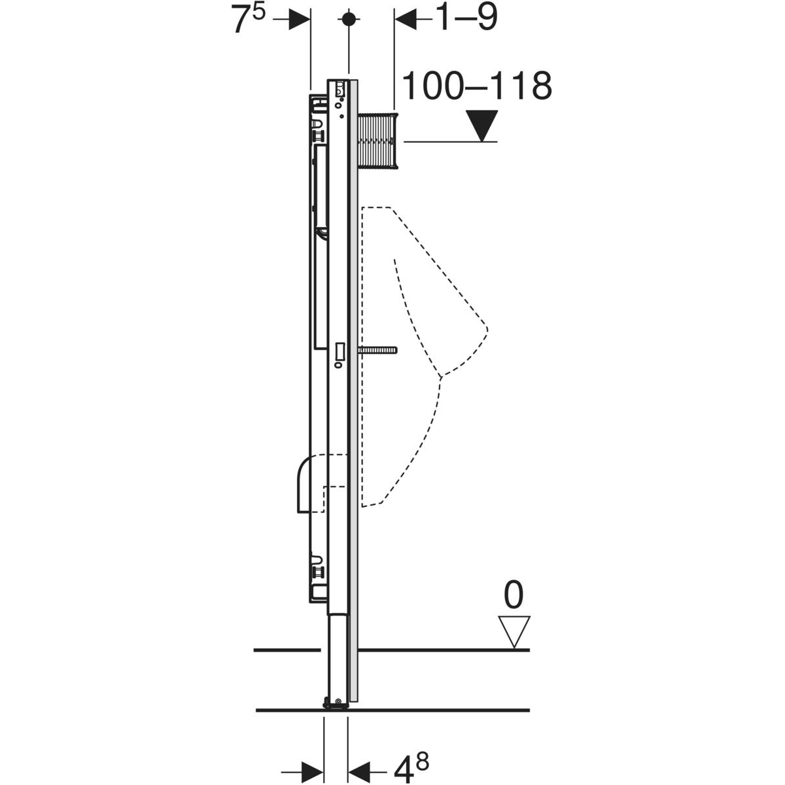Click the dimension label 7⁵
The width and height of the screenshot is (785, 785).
(247, 20)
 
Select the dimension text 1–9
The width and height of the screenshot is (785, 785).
(465, 18)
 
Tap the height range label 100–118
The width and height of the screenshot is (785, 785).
(477, 86)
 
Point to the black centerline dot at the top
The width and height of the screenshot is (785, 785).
(350, 19)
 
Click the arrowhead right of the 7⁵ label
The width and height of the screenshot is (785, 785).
(300, 20)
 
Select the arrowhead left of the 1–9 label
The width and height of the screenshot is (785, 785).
(406, 20)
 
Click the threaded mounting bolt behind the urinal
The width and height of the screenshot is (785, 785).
(377, 351)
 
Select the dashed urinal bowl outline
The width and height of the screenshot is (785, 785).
(425, 340)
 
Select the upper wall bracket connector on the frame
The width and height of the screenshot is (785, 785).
(319, 135)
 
